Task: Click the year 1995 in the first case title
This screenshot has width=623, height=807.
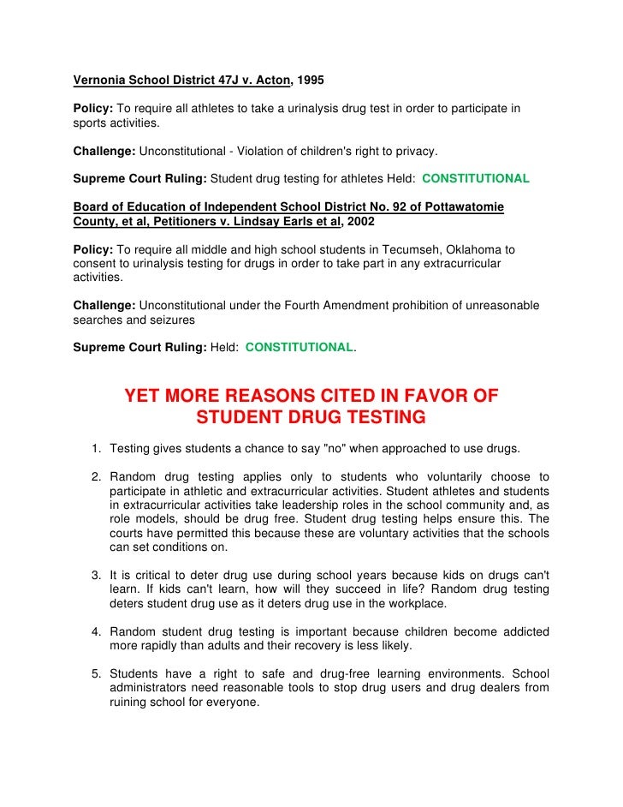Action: tap(311, 83)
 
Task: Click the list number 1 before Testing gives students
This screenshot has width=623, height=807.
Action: tap(96, 449)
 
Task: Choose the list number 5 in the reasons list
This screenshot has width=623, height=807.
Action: tap(96, 673)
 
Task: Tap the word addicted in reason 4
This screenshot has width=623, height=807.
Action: tap(522, 631)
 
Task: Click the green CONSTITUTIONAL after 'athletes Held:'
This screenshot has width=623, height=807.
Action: tap(476, 179)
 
